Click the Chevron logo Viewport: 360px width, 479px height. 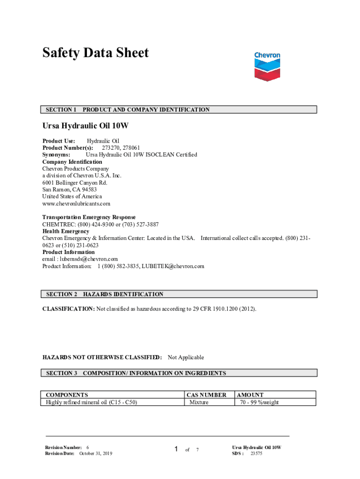pyautogui.click(x=267, y=66)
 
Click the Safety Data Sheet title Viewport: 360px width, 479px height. pyautogui.click(x=95, y=53)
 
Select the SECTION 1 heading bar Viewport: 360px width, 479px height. pyautogui.click(x=180, y=109)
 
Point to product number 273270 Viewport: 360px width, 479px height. pyautogui.click(x=111, y=148)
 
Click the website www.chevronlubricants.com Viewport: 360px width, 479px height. pyautogui.click(x=76, y=203)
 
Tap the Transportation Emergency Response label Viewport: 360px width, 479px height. pyautogui.click(x=89, y=217)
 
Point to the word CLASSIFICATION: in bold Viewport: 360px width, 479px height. pyautogui.click(x=69, y=309)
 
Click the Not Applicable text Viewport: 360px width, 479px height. pyautogui.click(x=186, y=357)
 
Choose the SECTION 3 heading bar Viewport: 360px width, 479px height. pyautogui.click(x=180, y=373)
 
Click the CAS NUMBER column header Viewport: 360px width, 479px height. pyautogui.click(x=206, y=395)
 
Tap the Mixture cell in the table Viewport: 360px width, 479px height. pyautogui.click(x=199, y=402)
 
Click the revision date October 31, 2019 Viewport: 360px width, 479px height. pyautogui.click(x=95, y=453)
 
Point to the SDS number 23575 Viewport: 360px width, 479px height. pyautogui.click(x=256, y=453)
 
